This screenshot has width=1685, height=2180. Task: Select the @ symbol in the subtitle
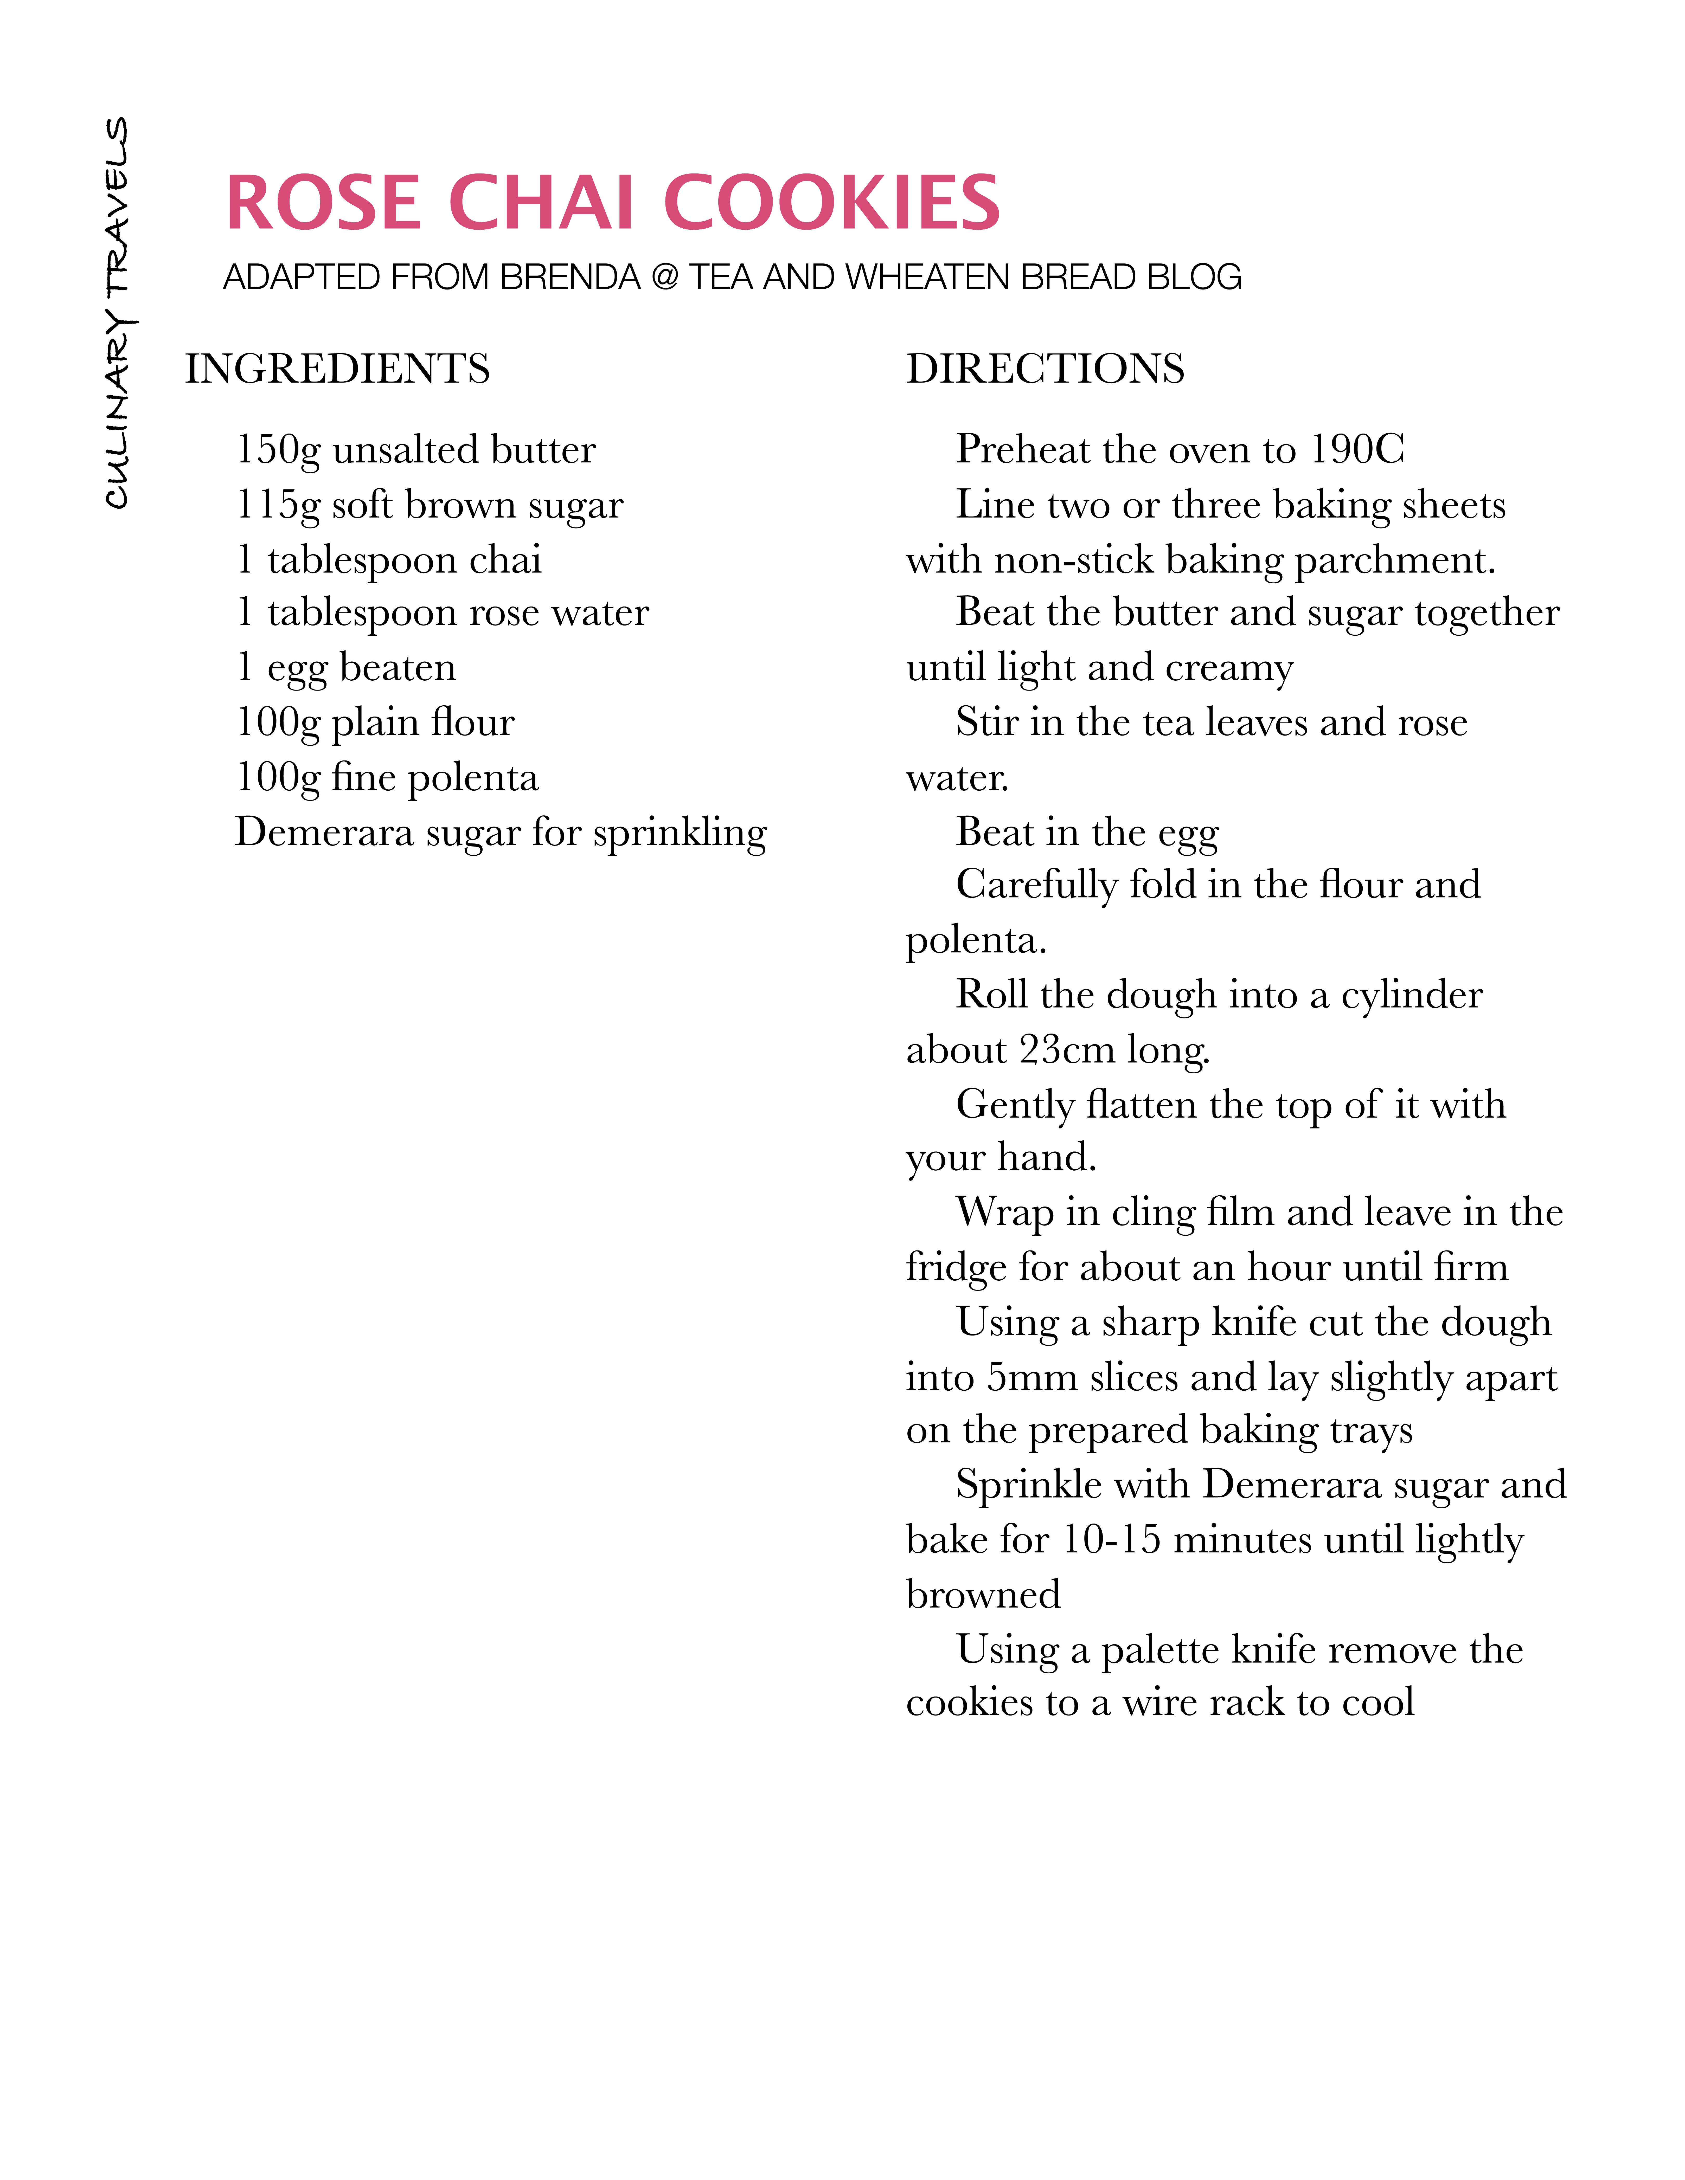tap(664, 278)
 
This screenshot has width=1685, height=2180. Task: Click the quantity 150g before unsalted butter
tap(278, 450)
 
